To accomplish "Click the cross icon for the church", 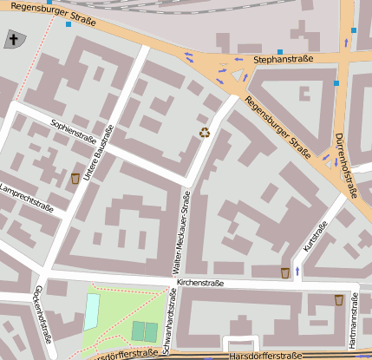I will coord(14,39).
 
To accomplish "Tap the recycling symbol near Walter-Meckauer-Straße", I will coord(205,133).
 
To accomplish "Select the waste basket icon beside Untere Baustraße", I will coord(75,178).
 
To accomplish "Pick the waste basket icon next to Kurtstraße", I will coord(285,273).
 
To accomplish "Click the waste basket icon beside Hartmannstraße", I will coord(339,300).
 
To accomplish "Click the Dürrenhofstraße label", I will coord(345,165).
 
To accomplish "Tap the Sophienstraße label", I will coord(74,131).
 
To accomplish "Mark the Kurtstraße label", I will coord(316,239).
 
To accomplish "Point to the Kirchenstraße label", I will coord(200,283).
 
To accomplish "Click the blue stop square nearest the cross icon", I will coord(68,23).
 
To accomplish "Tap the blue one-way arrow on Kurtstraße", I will coord(297,272).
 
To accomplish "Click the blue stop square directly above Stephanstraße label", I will coord(279,51).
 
